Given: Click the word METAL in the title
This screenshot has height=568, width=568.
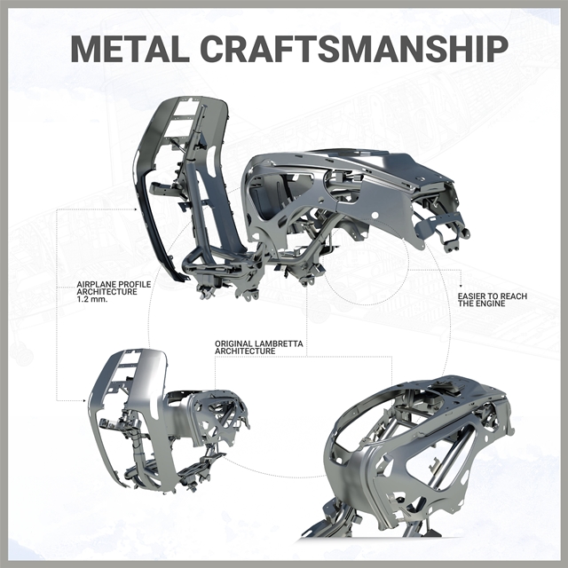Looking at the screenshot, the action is tap(130, 49).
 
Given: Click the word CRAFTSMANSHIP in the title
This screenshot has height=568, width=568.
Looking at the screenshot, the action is tap(354, 49).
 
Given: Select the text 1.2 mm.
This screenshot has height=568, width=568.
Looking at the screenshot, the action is tap(92, 299).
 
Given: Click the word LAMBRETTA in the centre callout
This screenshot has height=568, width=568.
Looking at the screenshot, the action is tap(279, 343).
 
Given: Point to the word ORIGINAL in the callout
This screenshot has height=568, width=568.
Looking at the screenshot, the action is tap(233, 343).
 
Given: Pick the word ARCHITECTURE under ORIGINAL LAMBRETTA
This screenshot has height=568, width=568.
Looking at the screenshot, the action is tap(245, 351).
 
